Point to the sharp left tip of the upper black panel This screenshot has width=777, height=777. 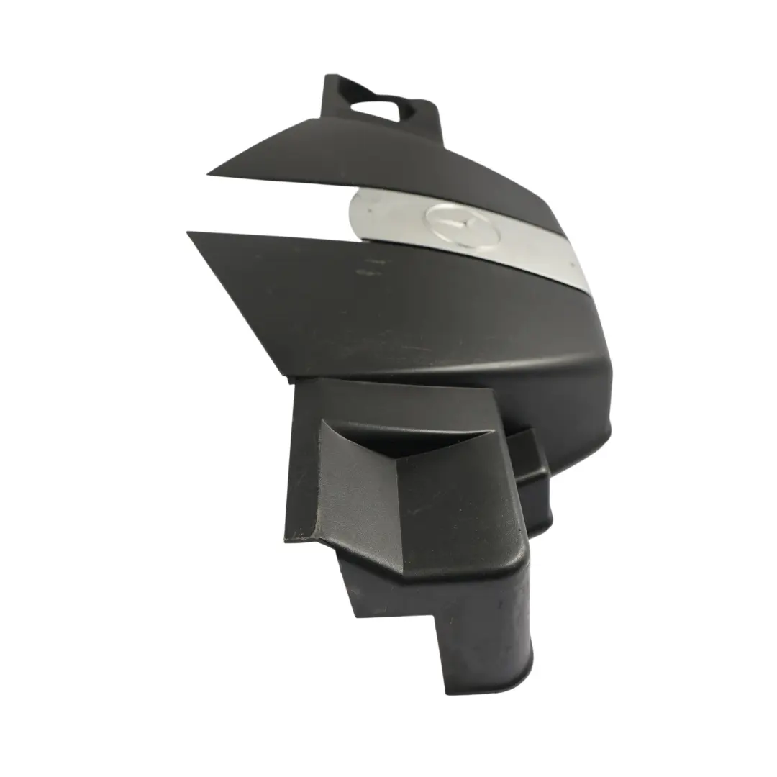click(209, 173)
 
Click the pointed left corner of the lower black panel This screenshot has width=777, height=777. click(188, 232)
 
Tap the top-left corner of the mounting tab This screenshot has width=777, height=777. click(328, 77)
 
